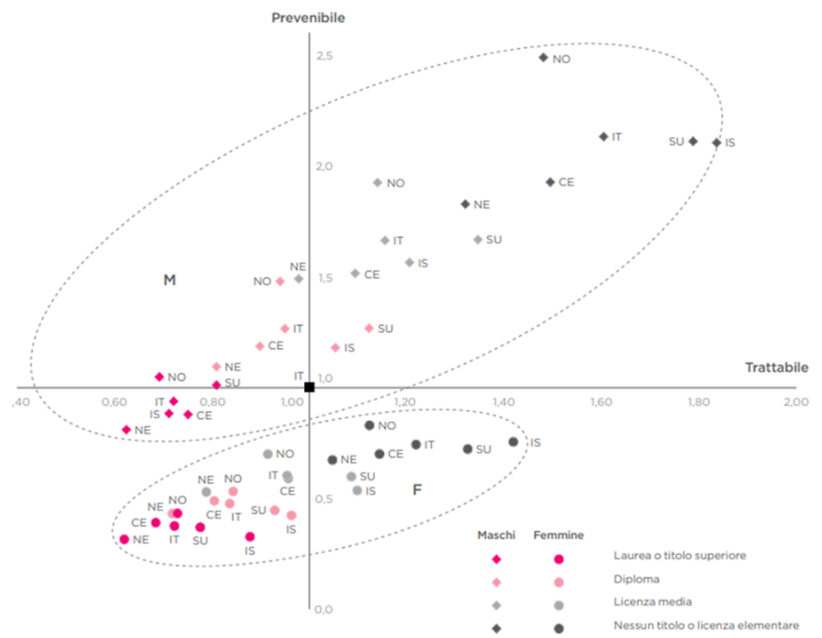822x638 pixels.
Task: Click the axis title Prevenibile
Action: click(308, 18)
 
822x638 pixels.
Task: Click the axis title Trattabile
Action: click(776, 368)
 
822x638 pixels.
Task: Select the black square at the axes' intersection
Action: click(309, 387)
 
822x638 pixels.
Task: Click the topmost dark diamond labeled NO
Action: click(543, 58)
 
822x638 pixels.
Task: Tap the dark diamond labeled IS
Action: click(717, 143)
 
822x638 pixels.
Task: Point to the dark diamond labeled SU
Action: click(693, 141)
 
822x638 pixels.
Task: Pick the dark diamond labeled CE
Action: click(550, 182)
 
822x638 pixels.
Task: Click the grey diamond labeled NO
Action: click(377, 183)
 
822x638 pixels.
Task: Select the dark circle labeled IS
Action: click(513, 442)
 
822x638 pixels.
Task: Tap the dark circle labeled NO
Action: click(369, 425)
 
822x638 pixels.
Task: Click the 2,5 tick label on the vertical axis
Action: click(324, 55)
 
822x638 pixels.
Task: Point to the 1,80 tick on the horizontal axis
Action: click(698, 402)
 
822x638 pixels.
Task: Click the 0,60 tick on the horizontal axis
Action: click(114, 402)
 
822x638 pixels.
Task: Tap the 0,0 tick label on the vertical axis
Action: click(324, 610)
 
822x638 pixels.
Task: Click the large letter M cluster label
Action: click(169, 280)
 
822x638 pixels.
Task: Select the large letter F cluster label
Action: click(417, 490)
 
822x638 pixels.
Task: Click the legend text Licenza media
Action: click(653, 602)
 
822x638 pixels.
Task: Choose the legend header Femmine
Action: click(559, 535)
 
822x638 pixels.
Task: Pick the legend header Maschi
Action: click(496, 535)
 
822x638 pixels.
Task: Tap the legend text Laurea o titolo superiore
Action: click(679, 555)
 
